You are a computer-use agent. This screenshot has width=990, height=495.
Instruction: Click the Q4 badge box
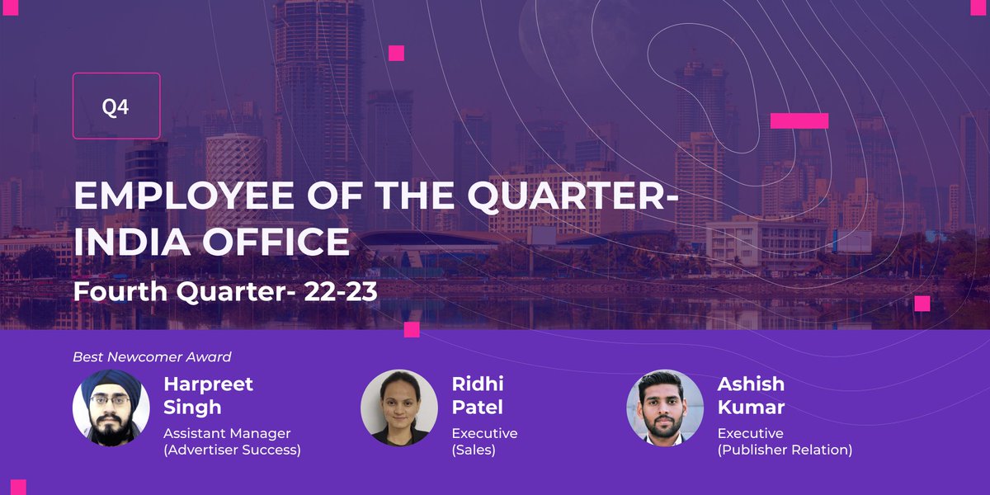[x=116, y=106]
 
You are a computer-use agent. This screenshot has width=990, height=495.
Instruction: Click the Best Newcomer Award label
[x=152, y=357]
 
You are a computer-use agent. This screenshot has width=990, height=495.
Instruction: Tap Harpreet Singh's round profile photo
[x=111, y=408]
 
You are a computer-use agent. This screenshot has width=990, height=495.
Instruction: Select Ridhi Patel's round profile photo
[x=399, y=408]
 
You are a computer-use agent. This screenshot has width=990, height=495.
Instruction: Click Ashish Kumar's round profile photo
[x=665, y=408]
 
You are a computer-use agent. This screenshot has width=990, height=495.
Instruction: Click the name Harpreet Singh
[x=208, y=395]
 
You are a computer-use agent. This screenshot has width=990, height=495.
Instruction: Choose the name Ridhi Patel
[x=478, y=395]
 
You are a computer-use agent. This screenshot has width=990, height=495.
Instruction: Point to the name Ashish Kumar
[x=751, y=395]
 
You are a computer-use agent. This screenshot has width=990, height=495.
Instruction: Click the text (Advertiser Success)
[x=232, y=450]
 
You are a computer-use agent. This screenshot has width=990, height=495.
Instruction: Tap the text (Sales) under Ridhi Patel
[x=474, y=450]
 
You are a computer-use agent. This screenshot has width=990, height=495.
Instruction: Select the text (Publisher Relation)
[x=785, y=450]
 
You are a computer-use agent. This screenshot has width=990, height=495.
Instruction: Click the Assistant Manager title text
[x=227, y=433]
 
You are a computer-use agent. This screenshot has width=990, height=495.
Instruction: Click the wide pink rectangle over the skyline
[x=799, y=120]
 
